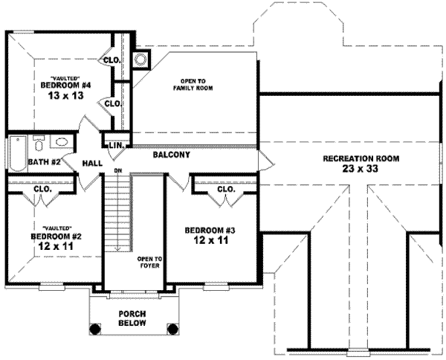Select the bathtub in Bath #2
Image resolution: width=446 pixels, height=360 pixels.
16,152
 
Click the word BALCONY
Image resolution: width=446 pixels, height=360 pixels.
172,155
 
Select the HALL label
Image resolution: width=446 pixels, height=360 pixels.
92,161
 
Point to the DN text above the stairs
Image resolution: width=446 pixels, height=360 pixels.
117,172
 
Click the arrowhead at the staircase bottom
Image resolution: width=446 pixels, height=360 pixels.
117,250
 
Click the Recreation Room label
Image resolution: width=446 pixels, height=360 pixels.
361,158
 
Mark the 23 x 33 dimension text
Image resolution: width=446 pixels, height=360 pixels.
361,170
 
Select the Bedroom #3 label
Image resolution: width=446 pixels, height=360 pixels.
210,230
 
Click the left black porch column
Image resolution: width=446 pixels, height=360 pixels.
94,327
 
